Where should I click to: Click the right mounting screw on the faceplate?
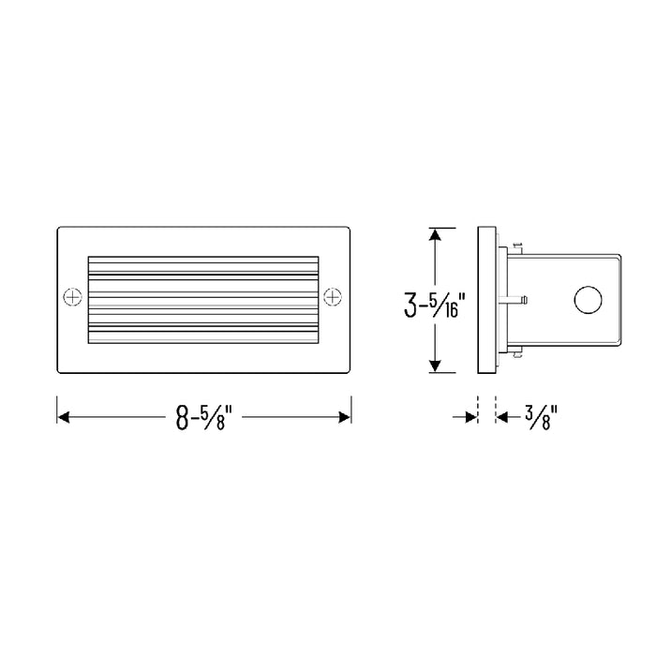click(332, 297)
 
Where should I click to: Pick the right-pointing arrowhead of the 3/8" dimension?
click(471, 414)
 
